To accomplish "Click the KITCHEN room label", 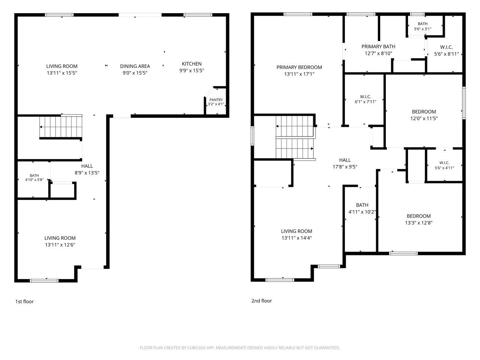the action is (x=192, y=64).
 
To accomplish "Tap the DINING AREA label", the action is (x=135, y=66).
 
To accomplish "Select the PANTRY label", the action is (x=216, y=100).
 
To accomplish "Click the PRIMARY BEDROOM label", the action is (x=299, y=67).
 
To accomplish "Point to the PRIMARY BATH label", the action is (x=378, y=46).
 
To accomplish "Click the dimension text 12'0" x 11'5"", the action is (x=424, y=118).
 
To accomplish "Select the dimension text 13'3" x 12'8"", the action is (x=418, y=223).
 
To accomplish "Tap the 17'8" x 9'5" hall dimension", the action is (x=345, y=167).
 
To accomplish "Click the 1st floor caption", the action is (x=24, y=301).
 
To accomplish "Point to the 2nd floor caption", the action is (x=261, y=301).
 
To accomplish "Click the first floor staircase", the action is (x=61, y=126).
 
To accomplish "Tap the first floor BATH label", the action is (x=34, y=175).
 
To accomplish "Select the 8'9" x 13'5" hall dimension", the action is (x=87, y=173).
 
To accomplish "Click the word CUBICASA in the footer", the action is (x=196, y=348).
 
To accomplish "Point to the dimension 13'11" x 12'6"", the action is (x=60, y=245).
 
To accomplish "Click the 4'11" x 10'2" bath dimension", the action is (x=362, y=212).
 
